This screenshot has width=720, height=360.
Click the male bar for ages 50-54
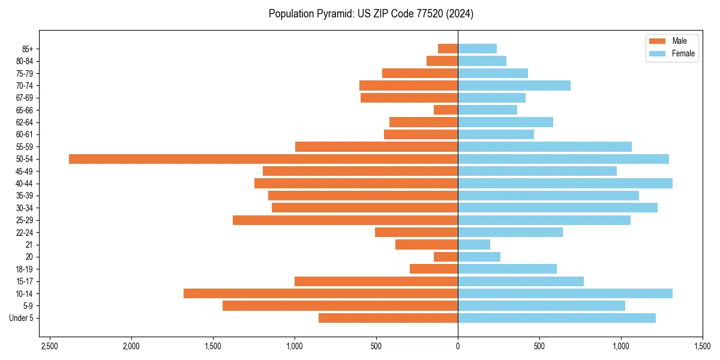coord(263,159)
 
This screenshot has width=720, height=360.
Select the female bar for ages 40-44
coord(565,184)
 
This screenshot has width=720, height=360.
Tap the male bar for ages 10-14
coord(320,293)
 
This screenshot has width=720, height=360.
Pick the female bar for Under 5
coord(556,318)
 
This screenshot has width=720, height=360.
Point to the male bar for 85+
coord(448,49)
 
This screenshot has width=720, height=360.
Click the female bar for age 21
coord(473,245)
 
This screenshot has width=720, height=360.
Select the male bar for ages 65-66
coord(446,110)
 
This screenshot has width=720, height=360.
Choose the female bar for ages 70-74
coord(514,85)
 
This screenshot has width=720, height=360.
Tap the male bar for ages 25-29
coord(345,220)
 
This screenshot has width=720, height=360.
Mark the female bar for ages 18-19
coord(507,269)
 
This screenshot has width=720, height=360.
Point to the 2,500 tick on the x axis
coord(49,347)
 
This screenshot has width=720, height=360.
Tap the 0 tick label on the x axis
coord(458,347)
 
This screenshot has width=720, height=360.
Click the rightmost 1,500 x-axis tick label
coord(702,347)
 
